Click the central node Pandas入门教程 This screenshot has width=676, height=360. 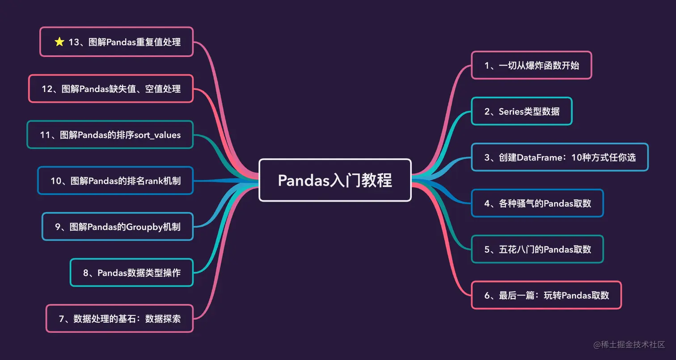(335, 180)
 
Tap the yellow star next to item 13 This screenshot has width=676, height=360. (59, 42)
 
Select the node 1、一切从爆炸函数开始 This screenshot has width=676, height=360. (532, 65)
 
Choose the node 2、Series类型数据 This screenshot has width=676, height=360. (522, 111)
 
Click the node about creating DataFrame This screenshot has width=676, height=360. (560, 157)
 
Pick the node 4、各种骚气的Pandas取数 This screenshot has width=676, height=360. (537, 203)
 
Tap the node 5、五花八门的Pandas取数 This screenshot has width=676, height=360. (537, 249)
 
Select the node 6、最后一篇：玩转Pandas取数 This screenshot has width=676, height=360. (546, 295)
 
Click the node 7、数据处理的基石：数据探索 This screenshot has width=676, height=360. (119, 318)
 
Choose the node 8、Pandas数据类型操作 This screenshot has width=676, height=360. (131, 272)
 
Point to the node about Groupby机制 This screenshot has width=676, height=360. (118, 227)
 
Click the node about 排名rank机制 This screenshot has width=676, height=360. (115, 181)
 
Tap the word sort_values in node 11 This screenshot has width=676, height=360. (157, 135)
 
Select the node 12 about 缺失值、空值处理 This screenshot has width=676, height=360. (111, 89)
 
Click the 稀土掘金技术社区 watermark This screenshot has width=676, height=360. (630, 344)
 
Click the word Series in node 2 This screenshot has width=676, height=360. (514, 111)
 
